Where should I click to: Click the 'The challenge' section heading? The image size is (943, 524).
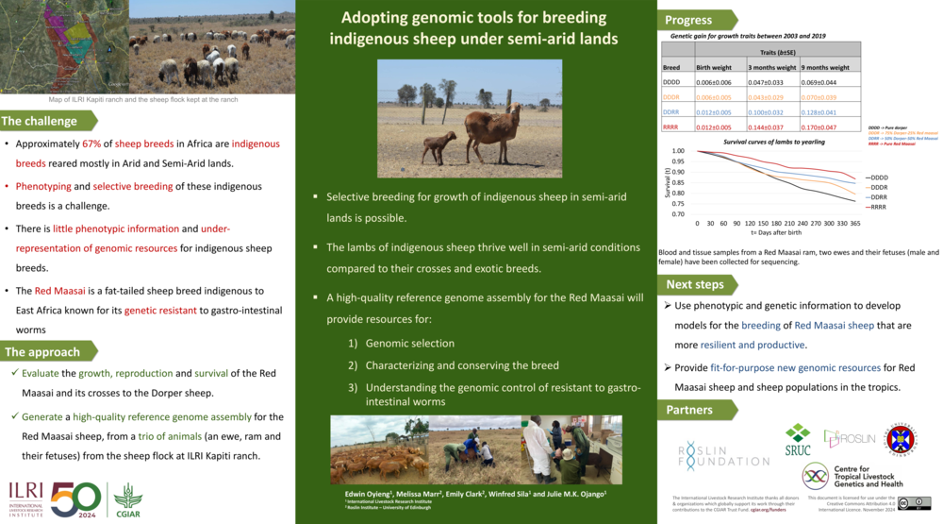[40, 121]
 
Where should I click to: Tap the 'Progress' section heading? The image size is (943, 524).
[688, 21]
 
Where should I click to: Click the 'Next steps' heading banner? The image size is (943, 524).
[695, 284]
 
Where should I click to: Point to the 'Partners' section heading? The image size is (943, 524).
[689, 410]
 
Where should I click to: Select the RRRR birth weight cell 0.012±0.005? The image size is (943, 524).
[718, 127]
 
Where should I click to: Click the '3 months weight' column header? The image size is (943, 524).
[772, 68]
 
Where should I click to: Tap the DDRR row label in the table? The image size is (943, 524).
[671, 112]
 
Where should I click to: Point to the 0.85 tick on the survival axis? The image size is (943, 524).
[678, 182]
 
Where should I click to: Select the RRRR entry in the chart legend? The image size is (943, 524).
[877, 207]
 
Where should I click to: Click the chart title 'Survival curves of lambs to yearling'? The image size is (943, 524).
[773, 142]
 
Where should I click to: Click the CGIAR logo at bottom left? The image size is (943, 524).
[127, 498]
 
